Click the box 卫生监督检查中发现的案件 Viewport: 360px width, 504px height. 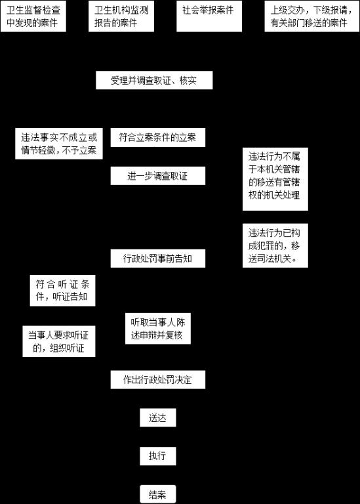point(33,16)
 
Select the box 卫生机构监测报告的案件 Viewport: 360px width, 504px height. point(121,16)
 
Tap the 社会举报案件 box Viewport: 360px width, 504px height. point(209,16)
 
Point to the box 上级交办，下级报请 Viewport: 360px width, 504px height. point(312,16)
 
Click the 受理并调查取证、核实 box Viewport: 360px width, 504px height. point(154,80)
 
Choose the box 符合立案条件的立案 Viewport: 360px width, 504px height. point(158,138)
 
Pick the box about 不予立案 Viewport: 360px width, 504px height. point(59,144)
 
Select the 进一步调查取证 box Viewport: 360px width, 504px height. point(158,176)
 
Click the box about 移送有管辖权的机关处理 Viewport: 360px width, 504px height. point(275,179)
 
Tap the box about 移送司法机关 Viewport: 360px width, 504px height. point(275,245)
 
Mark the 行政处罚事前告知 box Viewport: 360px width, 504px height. point(158,259)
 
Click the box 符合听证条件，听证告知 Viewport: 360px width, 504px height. point(62,291)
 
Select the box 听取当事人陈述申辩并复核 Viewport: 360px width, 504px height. point(158,329)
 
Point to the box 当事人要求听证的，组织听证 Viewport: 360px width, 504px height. point(59,341)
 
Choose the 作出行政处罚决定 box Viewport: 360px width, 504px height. point(158,379)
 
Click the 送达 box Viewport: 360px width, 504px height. point(158,417)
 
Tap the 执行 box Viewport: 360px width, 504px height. point(158,456)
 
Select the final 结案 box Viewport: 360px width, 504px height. point(158,494)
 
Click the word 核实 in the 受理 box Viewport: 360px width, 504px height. point(188,80)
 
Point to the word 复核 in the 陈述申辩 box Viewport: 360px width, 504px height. point(174,335)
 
